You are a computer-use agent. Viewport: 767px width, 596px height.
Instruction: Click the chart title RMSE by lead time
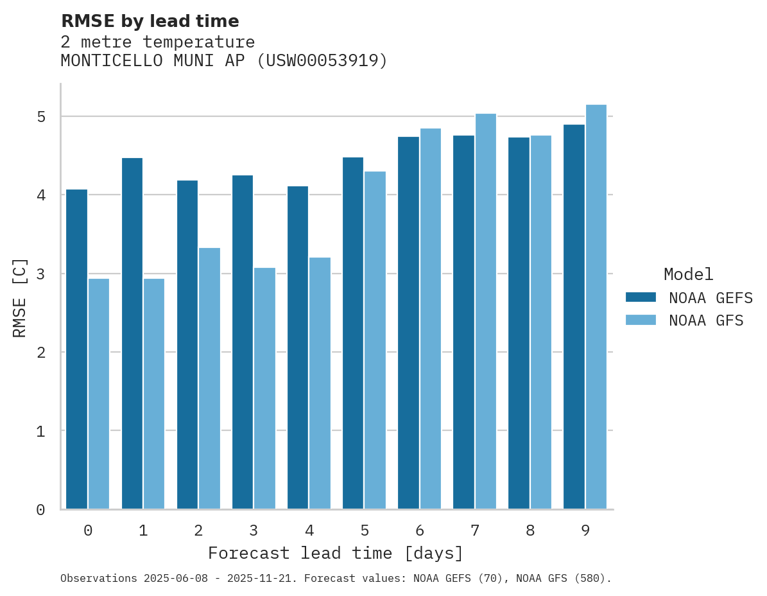pos(150,21)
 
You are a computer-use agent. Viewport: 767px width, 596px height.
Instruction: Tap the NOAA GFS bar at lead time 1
pos(154,393)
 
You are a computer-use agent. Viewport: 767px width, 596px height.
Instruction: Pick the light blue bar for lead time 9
pos(596,306)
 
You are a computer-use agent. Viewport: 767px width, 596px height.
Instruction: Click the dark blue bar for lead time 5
pos(353,333)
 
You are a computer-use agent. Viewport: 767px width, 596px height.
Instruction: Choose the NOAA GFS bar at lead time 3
pos(264,388)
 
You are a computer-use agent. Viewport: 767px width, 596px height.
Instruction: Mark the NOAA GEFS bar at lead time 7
pos(463,322)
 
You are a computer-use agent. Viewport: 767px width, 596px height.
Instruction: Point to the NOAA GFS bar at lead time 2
pos(209,378)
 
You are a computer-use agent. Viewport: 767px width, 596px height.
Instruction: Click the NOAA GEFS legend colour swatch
pos(641,297)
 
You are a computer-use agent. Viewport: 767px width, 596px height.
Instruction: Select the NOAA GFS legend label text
pos(706,320)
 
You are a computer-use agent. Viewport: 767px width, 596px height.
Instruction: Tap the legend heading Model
pos(688,274)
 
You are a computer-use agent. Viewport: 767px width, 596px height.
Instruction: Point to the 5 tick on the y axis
pos(41,117)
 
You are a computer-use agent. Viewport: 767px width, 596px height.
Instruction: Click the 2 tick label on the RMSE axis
pos(41,353)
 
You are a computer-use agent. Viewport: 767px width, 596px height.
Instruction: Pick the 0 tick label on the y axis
pos(41,510)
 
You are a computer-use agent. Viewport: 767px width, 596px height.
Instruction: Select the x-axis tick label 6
pos(420,530)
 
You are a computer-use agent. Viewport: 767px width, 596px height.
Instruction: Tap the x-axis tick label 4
pos(309,530)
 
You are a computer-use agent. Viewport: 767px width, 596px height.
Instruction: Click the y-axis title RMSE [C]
pos(20,297)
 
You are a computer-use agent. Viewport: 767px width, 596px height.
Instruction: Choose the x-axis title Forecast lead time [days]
pos(335,553)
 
